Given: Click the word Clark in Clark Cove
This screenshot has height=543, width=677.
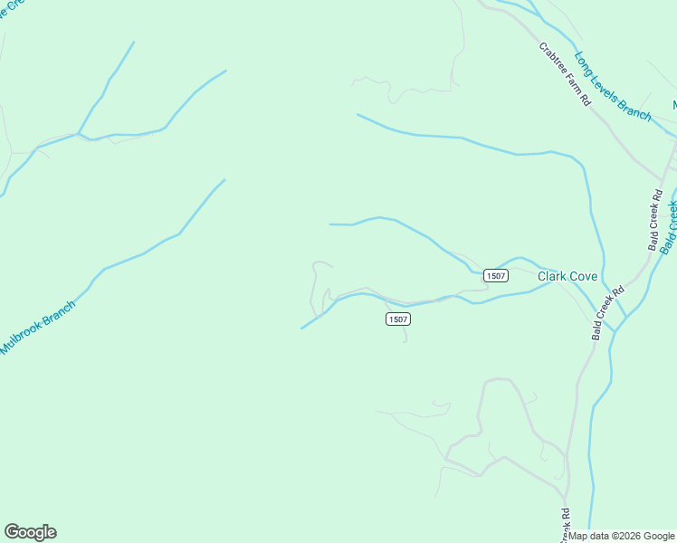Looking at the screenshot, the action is click(x=553, y=276).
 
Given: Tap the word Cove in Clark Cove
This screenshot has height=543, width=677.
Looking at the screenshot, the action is click(x=584, y=276).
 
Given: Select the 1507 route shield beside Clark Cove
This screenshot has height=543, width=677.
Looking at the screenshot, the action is click(x=495, y=276).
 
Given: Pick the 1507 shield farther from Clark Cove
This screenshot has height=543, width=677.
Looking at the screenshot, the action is click(x=398, y=319).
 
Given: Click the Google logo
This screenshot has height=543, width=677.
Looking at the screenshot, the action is click(x=30, y=532).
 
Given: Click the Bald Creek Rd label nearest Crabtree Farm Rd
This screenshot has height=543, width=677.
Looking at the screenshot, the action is click(x=656, y=219).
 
